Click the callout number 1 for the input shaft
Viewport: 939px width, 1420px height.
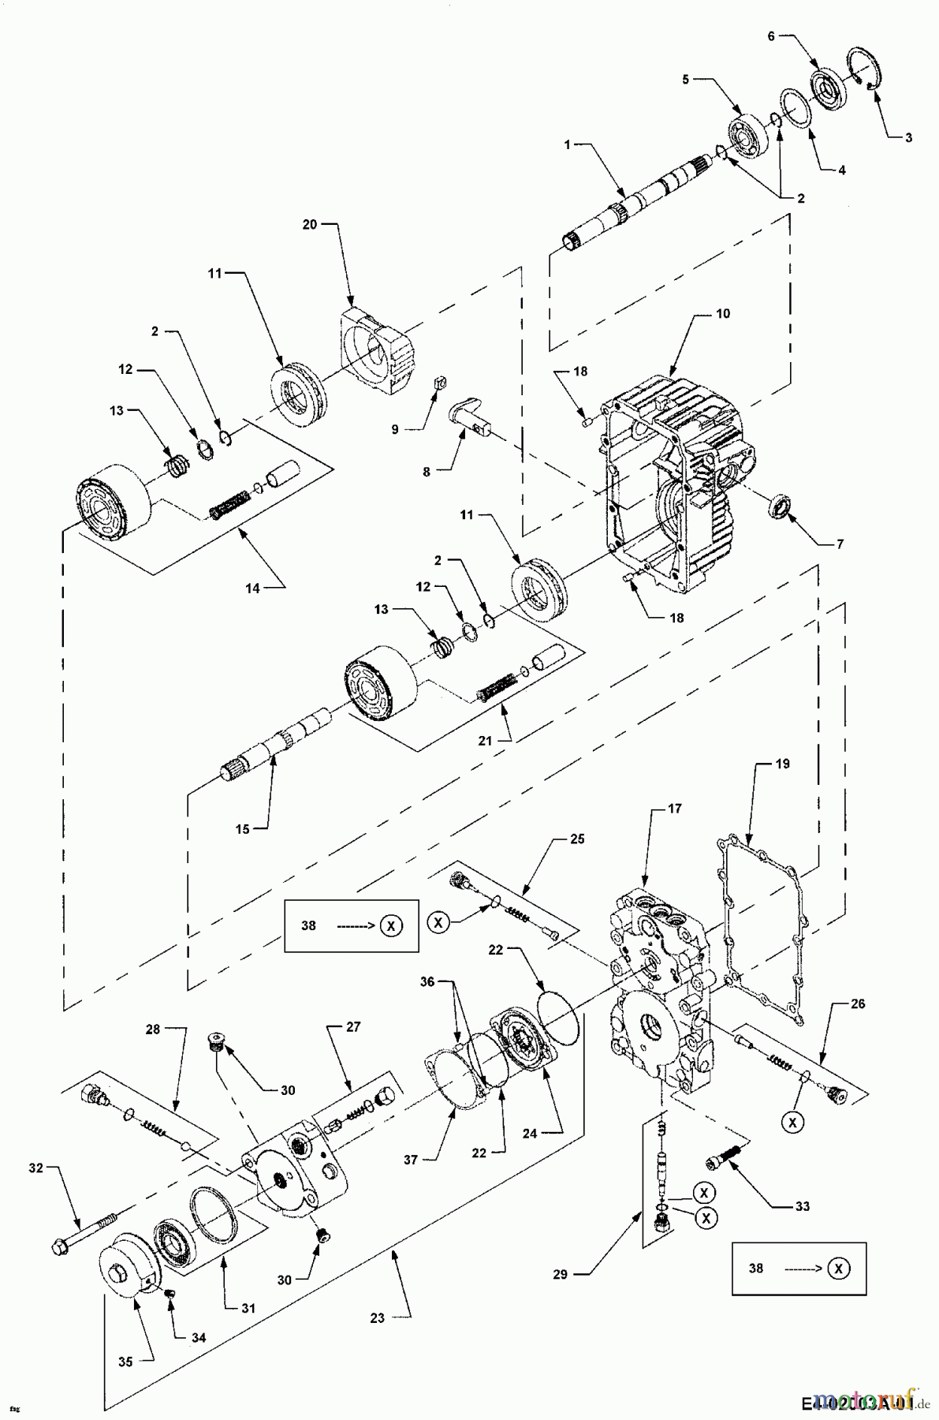567,144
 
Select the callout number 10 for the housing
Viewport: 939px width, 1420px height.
722,313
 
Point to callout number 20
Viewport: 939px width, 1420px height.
309,224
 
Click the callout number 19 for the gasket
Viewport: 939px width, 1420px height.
782,764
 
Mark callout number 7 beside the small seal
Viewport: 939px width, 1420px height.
840,544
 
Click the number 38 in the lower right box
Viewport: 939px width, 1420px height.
756,1269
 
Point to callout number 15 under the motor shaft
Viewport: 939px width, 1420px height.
242,828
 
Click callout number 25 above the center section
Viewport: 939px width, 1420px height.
577,839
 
